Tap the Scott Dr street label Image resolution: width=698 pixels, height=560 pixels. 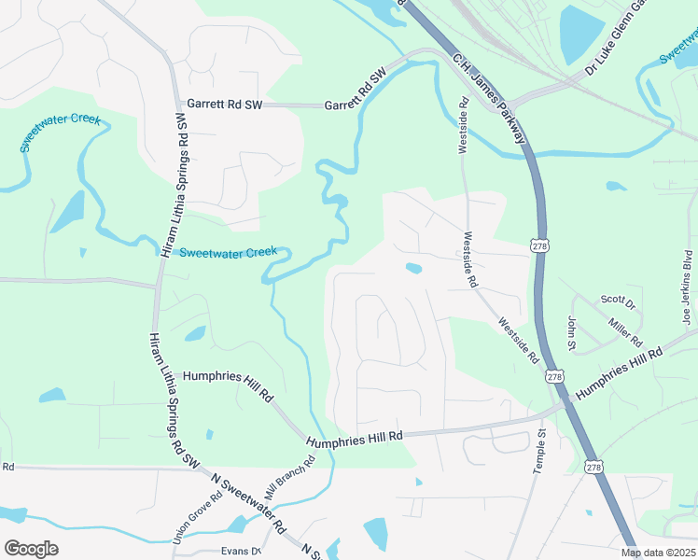click(617, 302)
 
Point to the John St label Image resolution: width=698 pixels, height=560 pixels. click(571, 332)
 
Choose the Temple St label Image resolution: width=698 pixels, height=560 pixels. click(539, 453)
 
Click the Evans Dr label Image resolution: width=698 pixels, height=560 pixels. click(240, 551)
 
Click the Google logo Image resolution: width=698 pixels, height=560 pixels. click(31, 549)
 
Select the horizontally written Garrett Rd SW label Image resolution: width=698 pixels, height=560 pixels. click(225, 105)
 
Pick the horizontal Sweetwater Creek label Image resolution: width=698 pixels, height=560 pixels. click(228, 252)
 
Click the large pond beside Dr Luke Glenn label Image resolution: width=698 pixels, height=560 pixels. click(581, 34)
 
